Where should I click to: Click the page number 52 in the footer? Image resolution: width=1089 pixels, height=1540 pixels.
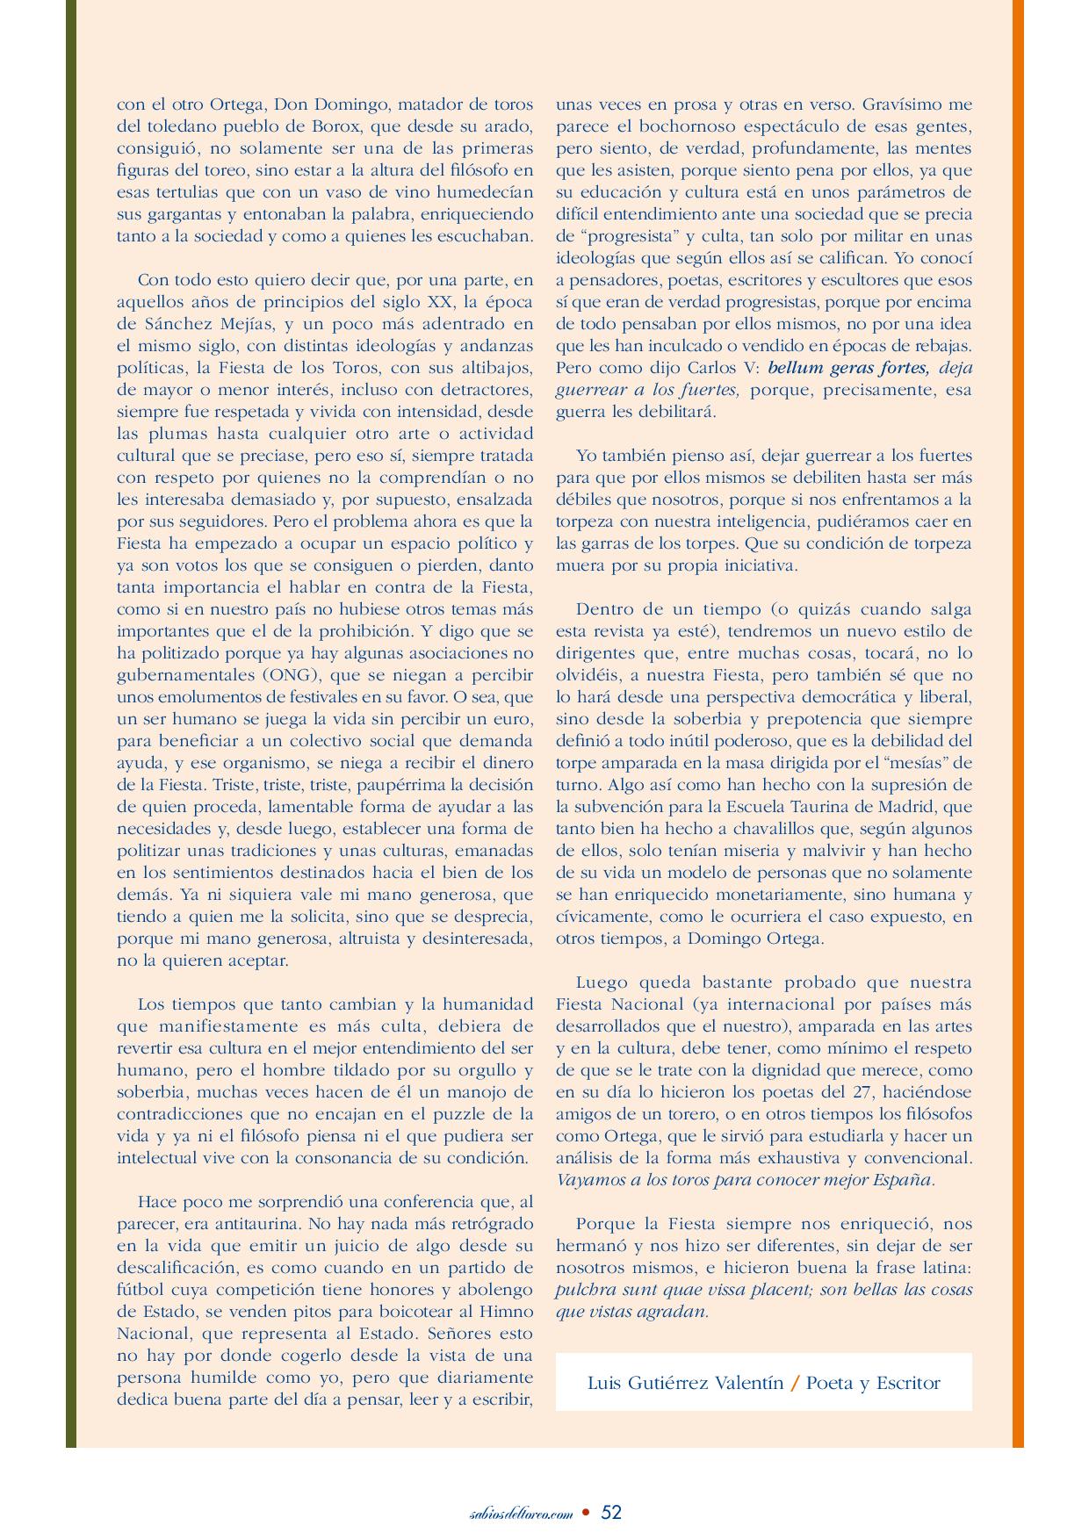tap(611, 1512)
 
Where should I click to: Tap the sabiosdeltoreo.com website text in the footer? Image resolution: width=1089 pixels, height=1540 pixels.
tap(522, 1514)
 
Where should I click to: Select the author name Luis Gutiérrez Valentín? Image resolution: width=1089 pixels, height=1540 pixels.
tap(685, 1384)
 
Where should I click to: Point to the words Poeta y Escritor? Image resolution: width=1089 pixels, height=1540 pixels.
tap(873, 1384)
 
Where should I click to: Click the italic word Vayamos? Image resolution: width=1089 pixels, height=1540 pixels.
tap(590, 1180)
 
